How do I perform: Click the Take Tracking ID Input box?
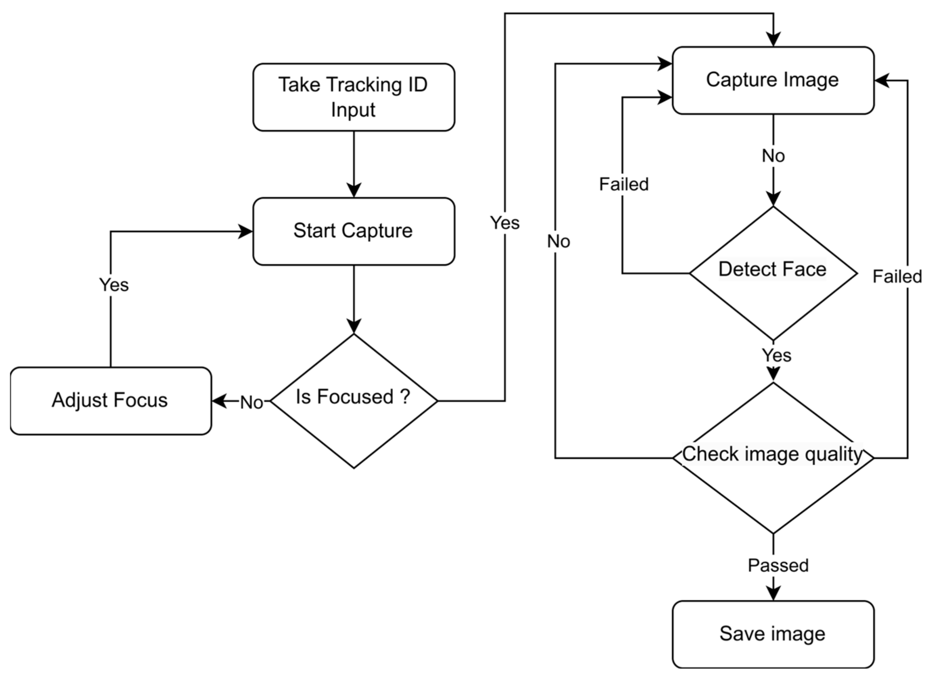click(354, 97)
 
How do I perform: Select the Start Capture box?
click(354, 231)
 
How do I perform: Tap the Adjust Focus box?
click(111, 401)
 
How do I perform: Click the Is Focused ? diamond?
click(354, 401)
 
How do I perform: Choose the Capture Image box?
click(773, 80)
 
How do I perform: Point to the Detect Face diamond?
click(773, 273)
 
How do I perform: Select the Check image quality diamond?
click(773, 457)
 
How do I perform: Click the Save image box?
click(773, 634)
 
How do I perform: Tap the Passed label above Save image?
click(778, 565)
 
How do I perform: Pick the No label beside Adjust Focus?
click(251, 402)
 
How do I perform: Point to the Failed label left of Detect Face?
click(624, 184)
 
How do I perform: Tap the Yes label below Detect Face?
click(776, 355)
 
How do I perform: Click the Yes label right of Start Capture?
click(505, 223)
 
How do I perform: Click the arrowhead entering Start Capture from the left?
click(246, 231)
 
